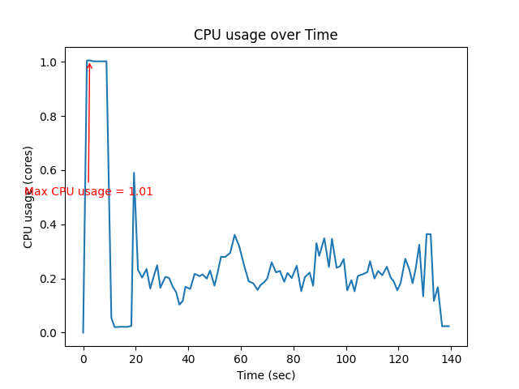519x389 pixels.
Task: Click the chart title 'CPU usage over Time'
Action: coord(265,35)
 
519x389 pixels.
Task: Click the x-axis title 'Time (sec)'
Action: coord(265,375)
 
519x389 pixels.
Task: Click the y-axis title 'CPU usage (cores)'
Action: coord(28,197)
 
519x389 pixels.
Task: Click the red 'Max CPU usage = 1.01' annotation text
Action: coord(89,192)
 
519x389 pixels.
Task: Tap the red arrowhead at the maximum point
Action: coord(89,65)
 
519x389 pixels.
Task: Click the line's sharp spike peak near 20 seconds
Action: coord(134,173)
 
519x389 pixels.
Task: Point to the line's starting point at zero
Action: coord(83,332)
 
